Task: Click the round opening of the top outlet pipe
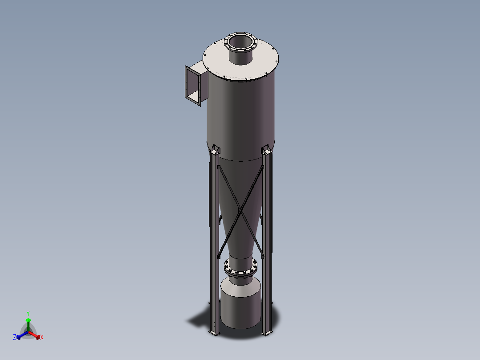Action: [x=241, y=42]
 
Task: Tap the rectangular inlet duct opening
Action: [x=194, y=86]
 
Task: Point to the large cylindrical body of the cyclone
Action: [x=240, y=116]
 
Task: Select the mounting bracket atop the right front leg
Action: [x=267, y=150]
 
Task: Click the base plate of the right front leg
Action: [x=269, y=332]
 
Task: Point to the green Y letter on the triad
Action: [x=28, y=313]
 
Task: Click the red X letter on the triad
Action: [x=42, y=338]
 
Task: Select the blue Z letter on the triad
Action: [x=15, y=338]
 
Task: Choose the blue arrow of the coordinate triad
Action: [x=20, y=335]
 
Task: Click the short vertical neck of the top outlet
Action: [x=241, y=57]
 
